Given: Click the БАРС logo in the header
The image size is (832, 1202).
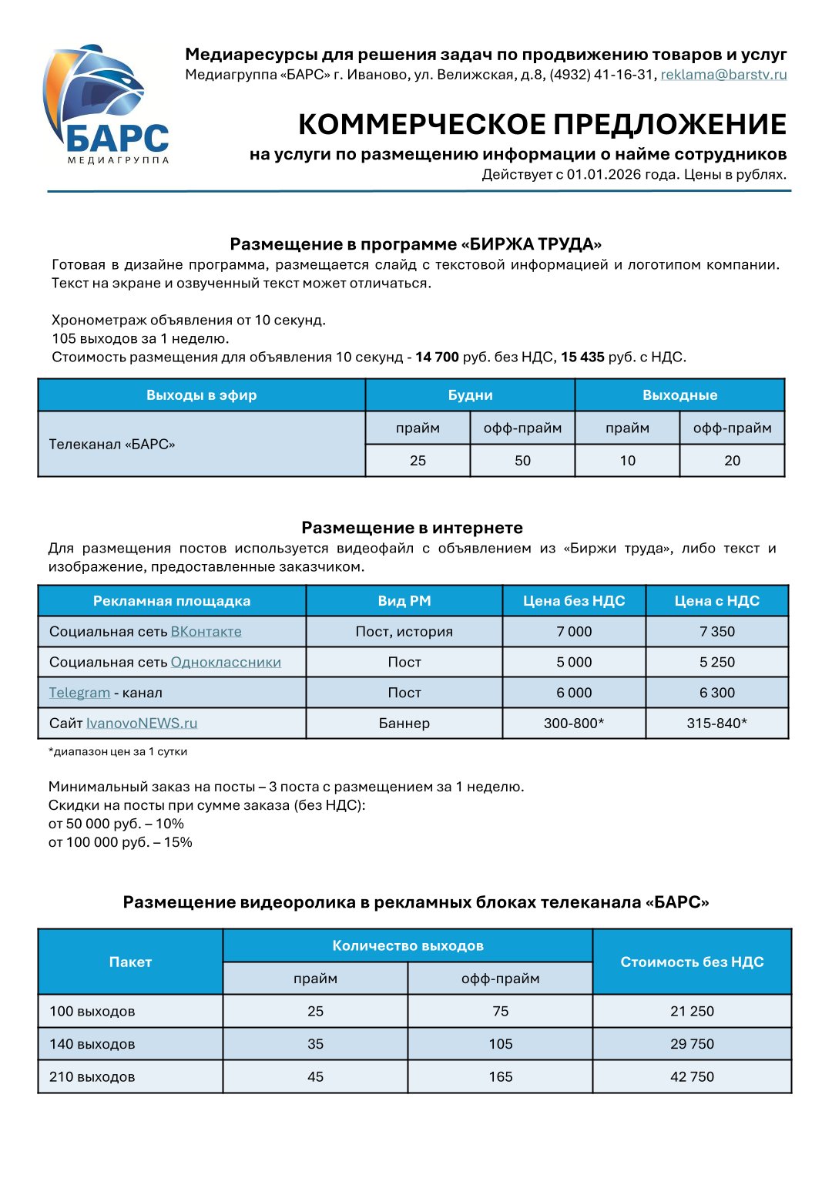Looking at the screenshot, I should (106, 104).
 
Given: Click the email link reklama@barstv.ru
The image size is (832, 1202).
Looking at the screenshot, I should (723, 75).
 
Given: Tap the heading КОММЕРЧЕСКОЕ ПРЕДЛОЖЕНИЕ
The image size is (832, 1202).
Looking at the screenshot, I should (542, 124).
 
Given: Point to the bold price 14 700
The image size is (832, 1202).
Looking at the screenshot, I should (437, 357).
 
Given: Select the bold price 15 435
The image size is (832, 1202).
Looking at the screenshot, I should (582, 357).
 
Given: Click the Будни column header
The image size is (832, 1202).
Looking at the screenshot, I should (470, 395).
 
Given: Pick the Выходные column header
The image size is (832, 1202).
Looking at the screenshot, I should (679, 395).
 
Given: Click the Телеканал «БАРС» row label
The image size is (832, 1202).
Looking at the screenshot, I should (112, 444).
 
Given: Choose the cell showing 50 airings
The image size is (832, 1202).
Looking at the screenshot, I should (522, 461).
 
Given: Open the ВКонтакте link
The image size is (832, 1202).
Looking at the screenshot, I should (206, 632).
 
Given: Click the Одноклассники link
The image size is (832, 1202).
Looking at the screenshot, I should (226, 663).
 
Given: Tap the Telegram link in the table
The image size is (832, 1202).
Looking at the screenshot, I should (79, 693).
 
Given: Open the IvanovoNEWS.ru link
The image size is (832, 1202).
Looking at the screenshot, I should (142, 724).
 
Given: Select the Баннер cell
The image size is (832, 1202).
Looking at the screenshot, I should (404, 724).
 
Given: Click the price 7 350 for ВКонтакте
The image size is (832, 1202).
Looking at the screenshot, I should (716, 632).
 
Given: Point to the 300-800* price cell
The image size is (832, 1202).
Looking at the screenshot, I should (574, 724).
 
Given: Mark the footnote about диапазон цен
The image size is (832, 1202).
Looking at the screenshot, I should (118, 751).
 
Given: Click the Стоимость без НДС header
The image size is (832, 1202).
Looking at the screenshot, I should (692, 962).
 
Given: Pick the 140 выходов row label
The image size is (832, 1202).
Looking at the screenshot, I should (92, 1044).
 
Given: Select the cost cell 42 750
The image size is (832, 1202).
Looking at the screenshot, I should (692, 1076).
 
